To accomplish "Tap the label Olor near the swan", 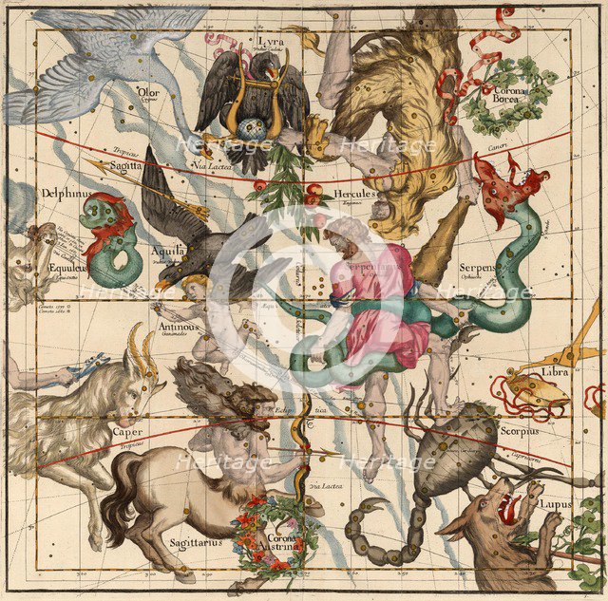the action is point(148,92).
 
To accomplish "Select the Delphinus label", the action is point(65,193).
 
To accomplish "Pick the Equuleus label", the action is point(67,268).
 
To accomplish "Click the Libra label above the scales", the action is point(554,371).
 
